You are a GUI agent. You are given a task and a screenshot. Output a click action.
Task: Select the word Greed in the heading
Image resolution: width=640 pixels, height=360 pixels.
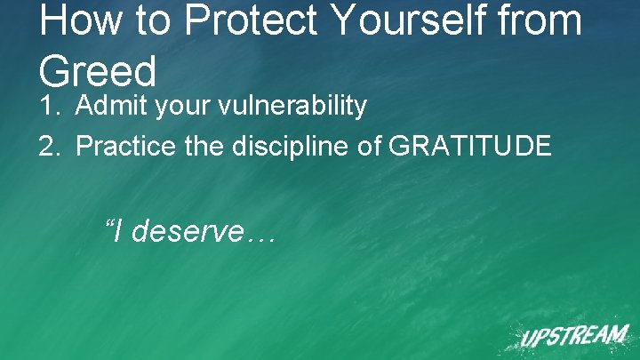click(x=98, y=70)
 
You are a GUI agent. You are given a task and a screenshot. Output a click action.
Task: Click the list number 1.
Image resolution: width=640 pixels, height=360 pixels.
click(x=50, y=107)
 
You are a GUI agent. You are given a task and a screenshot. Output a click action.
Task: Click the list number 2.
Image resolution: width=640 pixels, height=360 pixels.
click(x=50, y=146)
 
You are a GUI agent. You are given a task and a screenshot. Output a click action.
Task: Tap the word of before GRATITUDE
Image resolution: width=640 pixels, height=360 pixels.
click(x=369, y=146)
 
